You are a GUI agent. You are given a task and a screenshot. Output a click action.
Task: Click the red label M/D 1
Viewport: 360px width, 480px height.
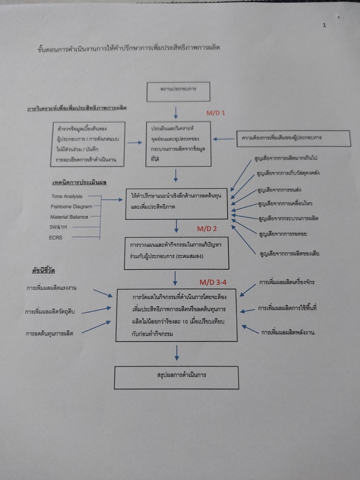(215, 112)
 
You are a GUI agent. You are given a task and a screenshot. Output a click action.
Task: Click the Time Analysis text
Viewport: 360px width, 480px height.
(66, 196)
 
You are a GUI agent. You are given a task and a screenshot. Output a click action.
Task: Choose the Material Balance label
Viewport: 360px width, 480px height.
(69, 216)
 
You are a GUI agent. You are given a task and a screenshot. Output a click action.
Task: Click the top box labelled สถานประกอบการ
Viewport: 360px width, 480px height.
(178, 91)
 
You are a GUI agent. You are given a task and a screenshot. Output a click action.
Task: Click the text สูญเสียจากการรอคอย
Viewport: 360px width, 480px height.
(285, 233)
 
